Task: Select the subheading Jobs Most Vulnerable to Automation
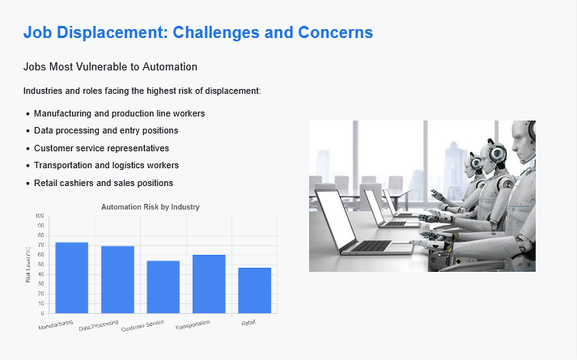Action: [x=110, y=67]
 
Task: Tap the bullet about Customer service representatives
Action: [x=102, y=148]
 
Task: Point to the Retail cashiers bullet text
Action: [x=104, y=183]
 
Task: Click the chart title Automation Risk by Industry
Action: [x=151, y=207]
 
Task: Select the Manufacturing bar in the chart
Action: [x=72, y=277]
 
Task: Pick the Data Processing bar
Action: [x=118, y=279]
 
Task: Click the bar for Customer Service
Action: [x=163, y=287]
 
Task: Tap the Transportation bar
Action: [x=209, y=284]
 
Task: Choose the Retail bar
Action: [x=255, y=290]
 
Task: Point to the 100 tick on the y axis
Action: [x=40, y=216]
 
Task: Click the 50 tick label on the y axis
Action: [x=40, y=265]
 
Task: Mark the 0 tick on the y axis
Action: [x=42, y=313]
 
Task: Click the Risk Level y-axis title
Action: [x=28, y=265]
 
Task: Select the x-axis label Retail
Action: [x=248, y=323]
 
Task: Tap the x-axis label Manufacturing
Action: [x=56, y=324]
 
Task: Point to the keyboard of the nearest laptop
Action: [x=371, y=246]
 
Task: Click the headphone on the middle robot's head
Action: [x=498, y=154]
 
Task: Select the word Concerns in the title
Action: [x=336, y=32]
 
